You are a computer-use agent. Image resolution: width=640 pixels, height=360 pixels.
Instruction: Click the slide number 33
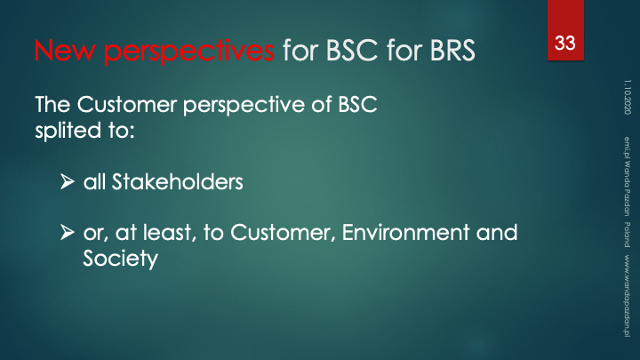565,43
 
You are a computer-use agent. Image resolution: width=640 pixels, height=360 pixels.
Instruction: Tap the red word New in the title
65,50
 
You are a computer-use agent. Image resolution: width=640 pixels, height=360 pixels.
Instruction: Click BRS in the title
452,50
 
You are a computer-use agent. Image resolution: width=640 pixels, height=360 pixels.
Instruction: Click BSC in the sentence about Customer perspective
357,104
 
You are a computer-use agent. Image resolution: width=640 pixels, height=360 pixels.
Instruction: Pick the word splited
68,131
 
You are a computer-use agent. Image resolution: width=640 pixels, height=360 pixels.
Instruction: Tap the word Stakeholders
178,181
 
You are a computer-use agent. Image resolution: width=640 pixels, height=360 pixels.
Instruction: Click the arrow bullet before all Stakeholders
68,181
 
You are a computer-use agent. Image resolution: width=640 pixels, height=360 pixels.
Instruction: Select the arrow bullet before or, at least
68,232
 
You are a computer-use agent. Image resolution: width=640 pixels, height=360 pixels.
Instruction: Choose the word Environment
405,232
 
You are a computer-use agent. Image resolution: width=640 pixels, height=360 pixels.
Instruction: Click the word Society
120,259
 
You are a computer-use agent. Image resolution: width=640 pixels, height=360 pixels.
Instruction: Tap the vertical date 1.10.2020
627,97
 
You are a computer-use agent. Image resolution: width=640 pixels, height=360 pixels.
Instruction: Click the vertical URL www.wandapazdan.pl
627,296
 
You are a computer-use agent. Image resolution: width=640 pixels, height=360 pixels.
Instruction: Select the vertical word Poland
627,235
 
